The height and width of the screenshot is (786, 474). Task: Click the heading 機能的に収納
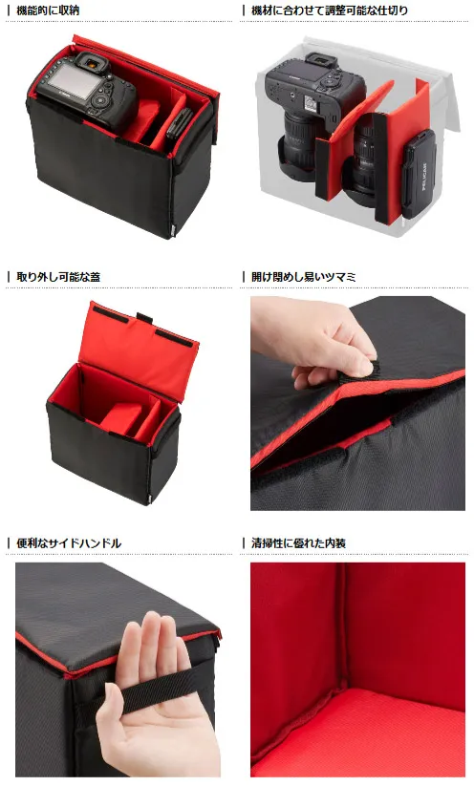pyautogui.click(x=48, y=10)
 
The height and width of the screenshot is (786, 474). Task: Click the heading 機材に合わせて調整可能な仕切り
pyautogui.click(x=330, y=10)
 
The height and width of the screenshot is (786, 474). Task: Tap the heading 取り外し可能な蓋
pyautogui.click(x=58, y=276)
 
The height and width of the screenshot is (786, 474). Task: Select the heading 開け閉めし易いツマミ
pyautogui.click(x=304, y=276)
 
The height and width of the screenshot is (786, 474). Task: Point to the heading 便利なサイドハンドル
pyautogui.click(x=69, y=542)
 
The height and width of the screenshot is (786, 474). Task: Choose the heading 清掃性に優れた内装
pyautogui.click(x=298, y=542)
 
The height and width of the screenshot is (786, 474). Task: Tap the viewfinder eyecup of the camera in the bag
pyautogui.click(x=93, y=63)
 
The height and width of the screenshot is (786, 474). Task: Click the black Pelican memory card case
pyautogui.click(x=418, y=174)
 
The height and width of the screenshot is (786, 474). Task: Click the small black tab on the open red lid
pyautogui.click(x=144, y=318)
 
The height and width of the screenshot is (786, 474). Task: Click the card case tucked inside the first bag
pyautogui.click(x=179, y=123)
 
